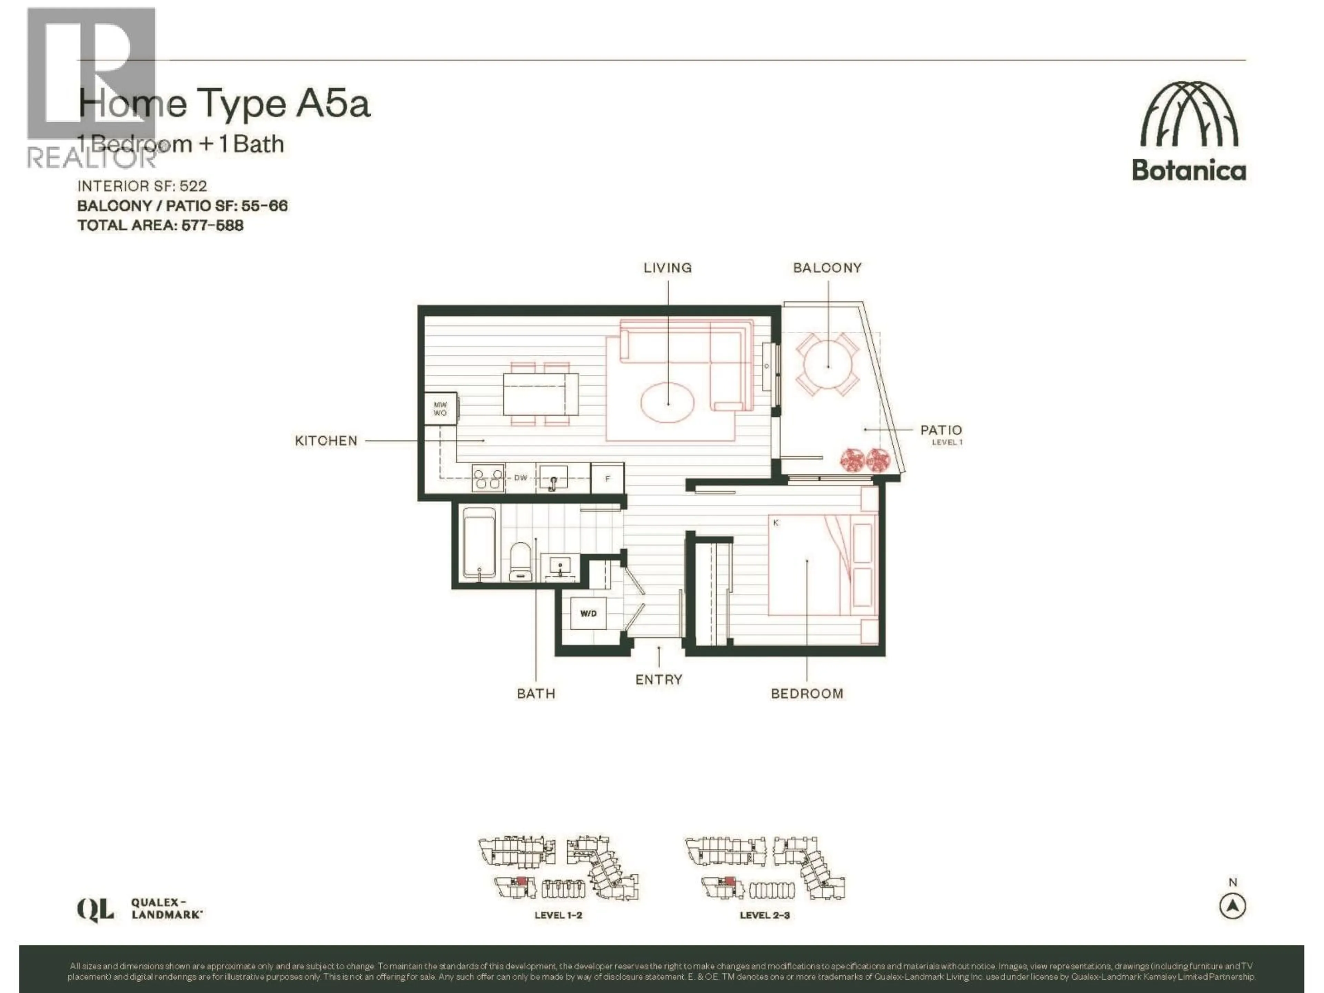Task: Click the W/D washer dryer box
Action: [x=588, y=613]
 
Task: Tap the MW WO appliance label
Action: [x=440, y=409]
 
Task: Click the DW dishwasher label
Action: [x=520, y=478]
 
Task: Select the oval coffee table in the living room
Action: [x=668, y=402]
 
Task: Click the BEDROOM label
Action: [x=807, y=694]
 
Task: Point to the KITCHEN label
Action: [x=326, y=441]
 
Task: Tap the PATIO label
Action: [x=941, y=430]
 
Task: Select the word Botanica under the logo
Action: [x=1189, y=171]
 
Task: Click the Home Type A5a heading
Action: [x=224, y=103]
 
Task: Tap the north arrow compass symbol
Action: [x=1232, y=906]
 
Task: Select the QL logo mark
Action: [x=95, y=910]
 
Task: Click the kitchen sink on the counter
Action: [x=554, y=479]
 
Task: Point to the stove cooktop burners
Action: [x=488, y=478]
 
